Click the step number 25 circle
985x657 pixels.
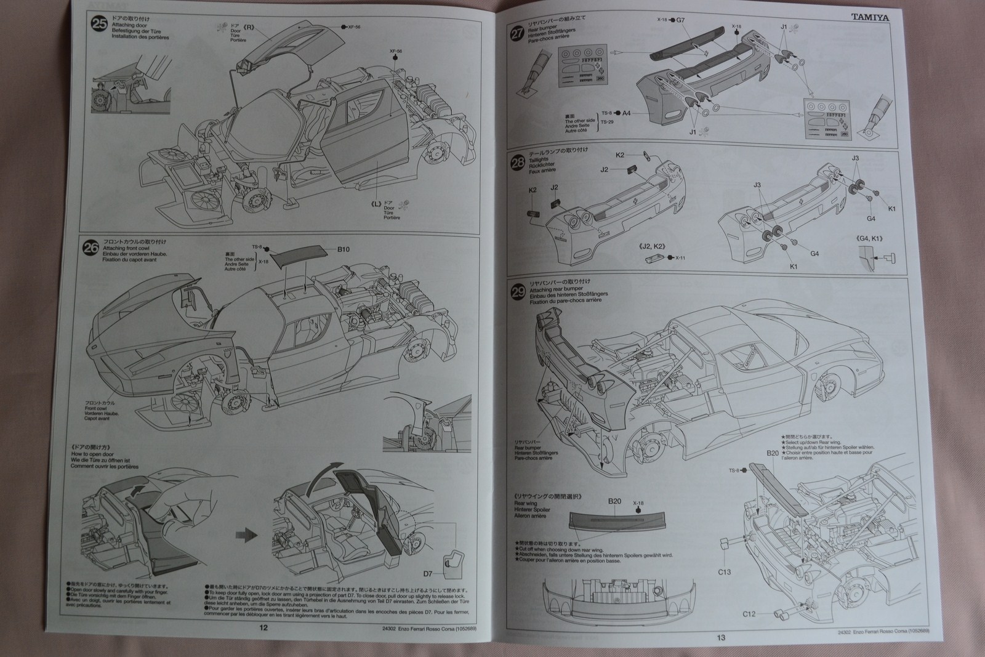pyautogui.click(x=98, y=25)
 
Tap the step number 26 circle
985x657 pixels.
pyautogui.click(x=91, y=248)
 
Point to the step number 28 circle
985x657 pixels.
pyautogui.click(x=518, y=163)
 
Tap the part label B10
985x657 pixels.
pyautogui.click(x=343, y=249)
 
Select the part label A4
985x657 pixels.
pyautogui.click(x=626, y=113)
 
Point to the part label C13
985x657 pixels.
pyautogui.click(x=725, y=572)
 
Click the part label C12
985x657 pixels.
pyautogui.click(x=749, y=613)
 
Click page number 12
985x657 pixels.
pyautogui.click(x=263, y=627)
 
